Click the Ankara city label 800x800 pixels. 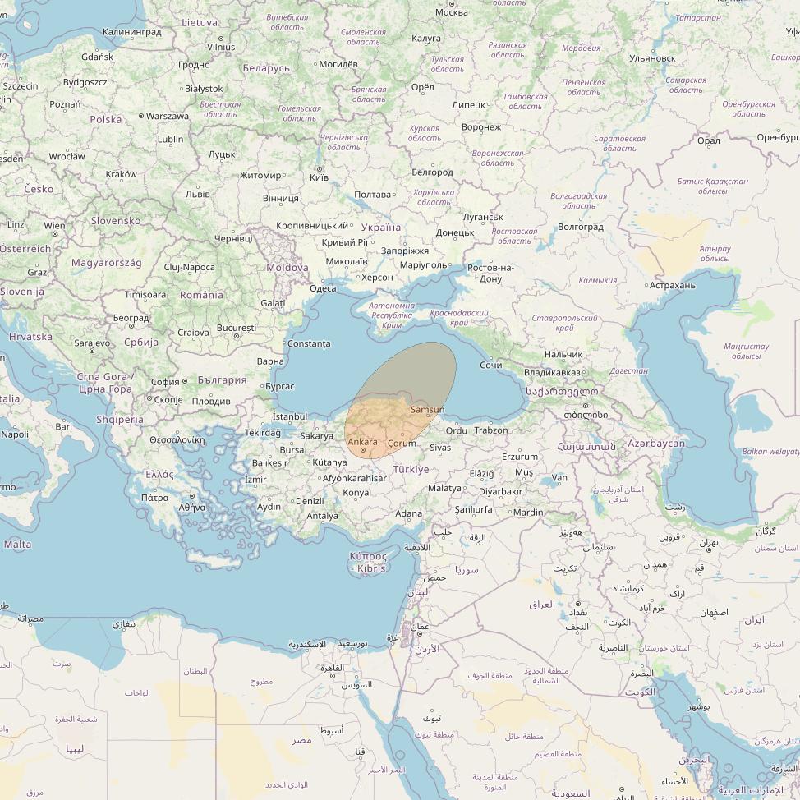(x=362, y=442)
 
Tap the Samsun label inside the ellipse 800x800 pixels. (x=427, y=410)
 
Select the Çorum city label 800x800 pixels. (x=402, y=444)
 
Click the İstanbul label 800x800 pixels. (x=289, y=417)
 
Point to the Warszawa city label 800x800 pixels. (x=168, y=116)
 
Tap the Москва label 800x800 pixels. (x=451, y=12)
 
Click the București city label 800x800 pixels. (x=237, y=329)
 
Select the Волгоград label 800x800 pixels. (x=580, y=227)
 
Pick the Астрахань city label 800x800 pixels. (x=672, y=286)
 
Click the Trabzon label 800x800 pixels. (x=491, y=430)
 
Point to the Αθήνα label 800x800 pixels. (x=192, y=507)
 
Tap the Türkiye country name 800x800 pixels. (x=411, y=469)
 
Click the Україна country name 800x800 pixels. (x=381, y=228)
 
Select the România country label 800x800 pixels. (x=201, y=295)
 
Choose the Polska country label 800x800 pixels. (x=106, y=119)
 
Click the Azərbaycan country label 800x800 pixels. (x=655, y=444)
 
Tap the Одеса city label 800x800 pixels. (x=323, y=288)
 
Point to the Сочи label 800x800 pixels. (x=491, y=364)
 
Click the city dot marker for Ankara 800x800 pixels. (x=363, y=450)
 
